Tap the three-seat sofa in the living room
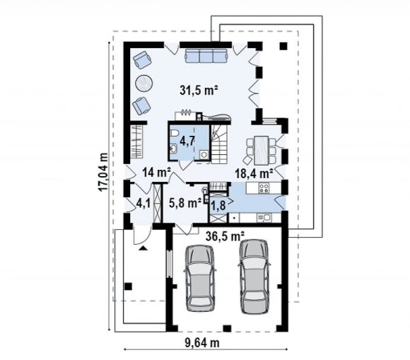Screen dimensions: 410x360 [206, 55]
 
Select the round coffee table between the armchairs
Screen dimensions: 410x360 [143, 83]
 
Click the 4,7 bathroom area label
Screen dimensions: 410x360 [187, 141]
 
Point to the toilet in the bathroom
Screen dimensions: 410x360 [174, 133]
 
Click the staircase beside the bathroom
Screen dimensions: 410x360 [220, 143]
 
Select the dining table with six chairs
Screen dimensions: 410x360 [262, 150]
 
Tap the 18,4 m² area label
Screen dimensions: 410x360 [254, 173]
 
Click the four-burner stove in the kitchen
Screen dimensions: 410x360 [264, 188]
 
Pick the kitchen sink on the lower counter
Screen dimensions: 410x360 [264, 217]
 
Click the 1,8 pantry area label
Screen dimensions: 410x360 [218, 206]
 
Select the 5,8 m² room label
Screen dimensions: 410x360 [185, 203]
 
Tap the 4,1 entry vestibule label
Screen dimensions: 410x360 [143, 203]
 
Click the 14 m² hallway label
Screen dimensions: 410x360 [157, 173]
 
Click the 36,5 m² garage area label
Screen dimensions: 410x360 [225, 236]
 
